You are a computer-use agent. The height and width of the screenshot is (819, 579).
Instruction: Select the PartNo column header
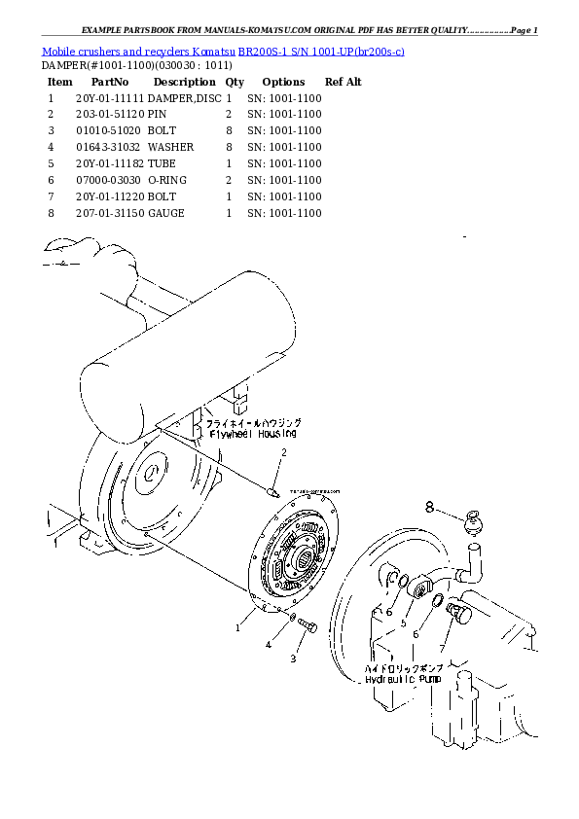click(110, 83)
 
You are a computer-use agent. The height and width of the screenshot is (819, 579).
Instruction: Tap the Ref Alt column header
click(343, 83)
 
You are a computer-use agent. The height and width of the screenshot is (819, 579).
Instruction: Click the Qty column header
click(235, 83)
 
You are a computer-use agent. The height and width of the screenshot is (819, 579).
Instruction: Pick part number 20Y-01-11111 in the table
click(109, 99)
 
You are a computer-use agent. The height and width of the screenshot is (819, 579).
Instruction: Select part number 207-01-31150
click(109, 213)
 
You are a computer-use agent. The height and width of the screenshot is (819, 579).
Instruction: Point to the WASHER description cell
click(170, 148)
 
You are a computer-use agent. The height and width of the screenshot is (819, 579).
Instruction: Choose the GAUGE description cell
click(165, 213)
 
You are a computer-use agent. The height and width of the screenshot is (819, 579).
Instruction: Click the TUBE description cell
click(162, 164)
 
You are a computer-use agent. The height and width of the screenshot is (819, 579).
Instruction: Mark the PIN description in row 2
click(157, 115)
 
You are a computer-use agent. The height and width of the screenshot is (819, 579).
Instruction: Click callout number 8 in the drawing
click(429, 506)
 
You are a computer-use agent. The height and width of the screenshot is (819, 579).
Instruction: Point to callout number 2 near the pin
click(285, 453)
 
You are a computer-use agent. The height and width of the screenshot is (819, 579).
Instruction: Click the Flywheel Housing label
click(254, 435)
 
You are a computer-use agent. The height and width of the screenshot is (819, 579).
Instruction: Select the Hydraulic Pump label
click(402, 680)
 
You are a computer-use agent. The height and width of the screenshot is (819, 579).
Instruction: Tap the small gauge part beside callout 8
click(473, 519)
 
